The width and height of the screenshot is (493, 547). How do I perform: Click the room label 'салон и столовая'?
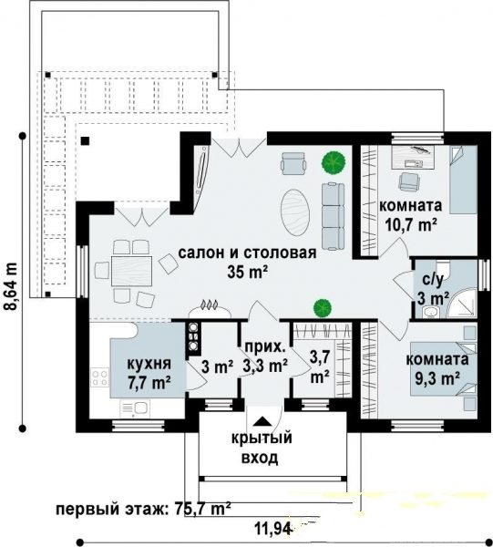(x=247, y=253)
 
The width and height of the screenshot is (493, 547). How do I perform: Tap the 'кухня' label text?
(x=149, y=364)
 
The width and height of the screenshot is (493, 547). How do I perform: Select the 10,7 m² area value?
(x=411, y=225)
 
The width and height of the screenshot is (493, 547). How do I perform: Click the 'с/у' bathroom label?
(x=432, y=280)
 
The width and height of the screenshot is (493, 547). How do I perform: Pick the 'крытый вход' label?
(x=262, y=448)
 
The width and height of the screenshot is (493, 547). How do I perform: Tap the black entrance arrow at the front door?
(x=262, y=421)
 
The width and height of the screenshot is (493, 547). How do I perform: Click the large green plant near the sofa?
(x=334, y=162)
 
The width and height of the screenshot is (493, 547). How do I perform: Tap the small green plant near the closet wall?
(x=322, y=307)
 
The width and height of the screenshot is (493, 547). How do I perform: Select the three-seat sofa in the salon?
(x=333, y=216)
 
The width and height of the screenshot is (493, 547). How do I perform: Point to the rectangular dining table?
(x=132, y=271)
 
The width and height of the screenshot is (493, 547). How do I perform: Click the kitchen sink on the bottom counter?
(x=135, y=408)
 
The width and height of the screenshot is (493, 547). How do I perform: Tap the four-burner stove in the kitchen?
(x=99, y=377)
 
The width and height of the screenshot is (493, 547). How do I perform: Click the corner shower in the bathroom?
(x=462, y=302)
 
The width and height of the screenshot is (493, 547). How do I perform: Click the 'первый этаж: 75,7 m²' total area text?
(x=143, y=509)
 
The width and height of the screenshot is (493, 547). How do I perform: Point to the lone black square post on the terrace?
(x=85, y=141)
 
